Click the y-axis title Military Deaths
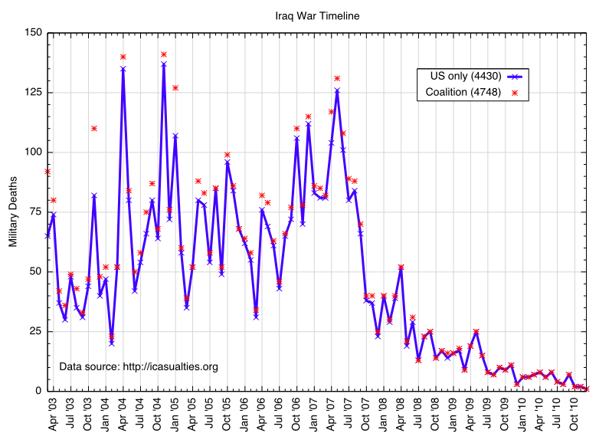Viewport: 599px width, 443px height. tap(13, 212)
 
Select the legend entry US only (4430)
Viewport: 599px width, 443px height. tap(460, 76)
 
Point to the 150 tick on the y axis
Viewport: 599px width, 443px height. tap(32, 33)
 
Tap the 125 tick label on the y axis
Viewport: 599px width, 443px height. tap(32, 93)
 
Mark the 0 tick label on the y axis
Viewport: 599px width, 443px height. tap(38, 391)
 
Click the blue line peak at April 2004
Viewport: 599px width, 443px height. tap(123, 68)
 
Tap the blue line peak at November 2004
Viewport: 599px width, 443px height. tap(164, 64)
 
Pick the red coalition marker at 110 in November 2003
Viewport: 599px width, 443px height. tap(93, 128)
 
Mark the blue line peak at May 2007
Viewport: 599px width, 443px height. tap(337, 90)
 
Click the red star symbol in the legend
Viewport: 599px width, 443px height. tap(514, 93)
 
